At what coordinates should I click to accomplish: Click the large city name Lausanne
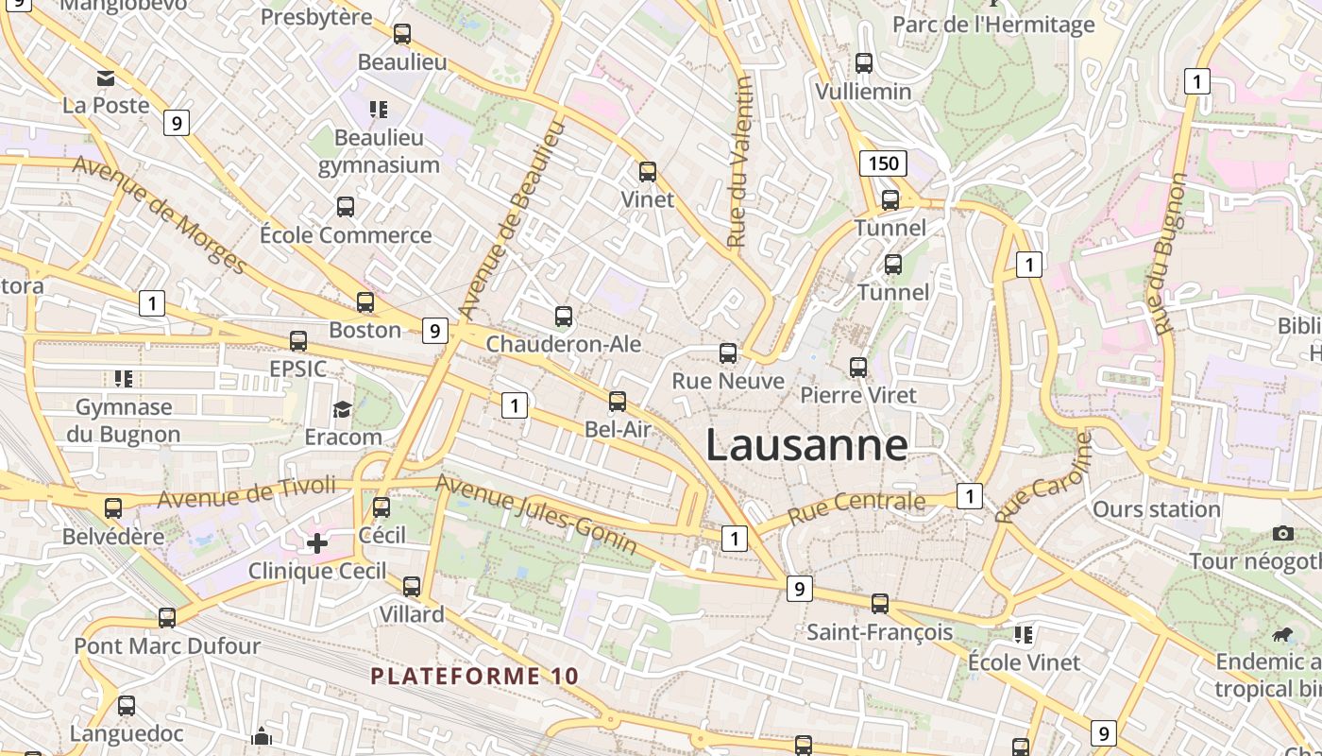click(806, 445)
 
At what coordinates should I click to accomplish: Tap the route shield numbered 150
click(883, 163)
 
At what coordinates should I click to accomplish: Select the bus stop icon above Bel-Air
click(618, 402)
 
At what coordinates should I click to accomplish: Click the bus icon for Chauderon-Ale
click(564, 317)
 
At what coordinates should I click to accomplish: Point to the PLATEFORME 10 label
click(474, 676)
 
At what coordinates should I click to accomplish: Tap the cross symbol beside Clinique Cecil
click(317, 543)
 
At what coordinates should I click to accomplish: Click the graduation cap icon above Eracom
click(342, 409)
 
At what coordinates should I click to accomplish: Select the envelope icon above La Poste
click(106, 77)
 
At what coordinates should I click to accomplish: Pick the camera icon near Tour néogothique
click(1282, 534)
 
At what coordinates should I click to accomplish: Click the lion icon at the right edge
click(1282, 634)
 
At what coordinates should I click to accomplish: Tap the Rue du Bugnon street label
click(1168, 253)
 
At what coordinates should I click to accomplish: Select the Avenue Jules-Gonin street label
click(535, 514)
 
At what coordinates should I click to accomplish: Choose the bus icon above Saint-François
click(880, 603)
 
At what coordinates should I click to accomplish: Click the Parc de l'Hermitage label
click(993, 24)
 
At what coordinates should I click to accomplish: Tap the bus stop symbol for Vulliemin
click(864, 63)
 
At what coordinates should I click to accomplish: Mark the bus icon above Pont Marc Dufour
click(167, 618)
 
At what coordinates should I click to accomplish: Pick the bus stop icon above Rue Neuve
click(728, 353)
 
